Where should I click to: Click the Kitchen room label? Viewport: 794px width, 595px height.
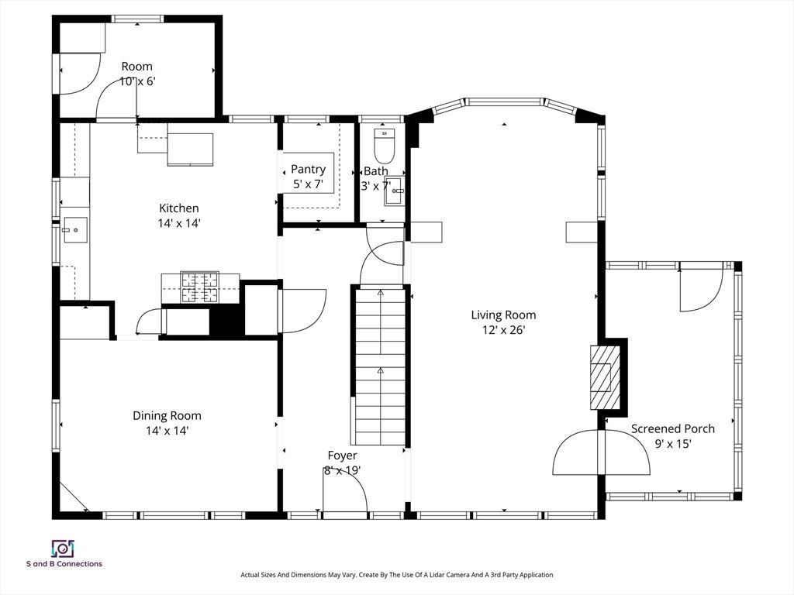(179, 208)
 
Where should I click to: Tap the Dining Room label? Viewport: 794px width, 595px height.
(167, 416)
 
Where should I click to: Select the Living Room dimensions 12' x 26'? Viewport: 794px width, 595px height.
(503, 330)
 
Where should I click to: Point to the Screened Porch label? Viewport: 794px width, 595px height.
(673, 428)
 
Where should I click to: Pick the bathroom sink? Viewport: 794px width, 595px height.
(395, 191)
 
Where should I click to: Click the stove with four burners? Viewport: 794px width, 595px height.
(200, 287)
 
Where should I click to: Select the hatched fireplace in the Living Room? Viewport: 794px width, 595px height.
(604, 377)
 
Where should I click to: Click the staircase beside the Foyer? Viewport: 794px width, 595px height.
(380, 366)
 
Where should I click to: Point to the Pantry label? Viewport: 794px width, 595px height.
(308, 170)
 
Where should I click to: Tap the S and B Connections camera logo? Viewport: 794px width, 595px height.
(64, 549)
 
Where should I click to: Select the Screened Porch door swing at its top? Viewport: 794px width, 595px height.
(701, 287)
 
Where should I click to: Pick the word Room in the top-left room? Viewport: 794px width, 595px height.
(136, 67)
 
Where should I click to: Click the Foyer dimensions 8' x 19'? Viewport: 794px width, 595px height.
(342, 470)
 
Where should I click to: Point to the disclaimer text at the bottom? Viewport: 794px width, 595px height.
(396, 575)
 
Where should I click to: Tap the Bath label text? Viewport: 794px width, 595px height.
(376, 171)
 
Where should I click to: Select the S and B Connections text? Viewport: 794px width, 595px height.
(64, 564)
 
